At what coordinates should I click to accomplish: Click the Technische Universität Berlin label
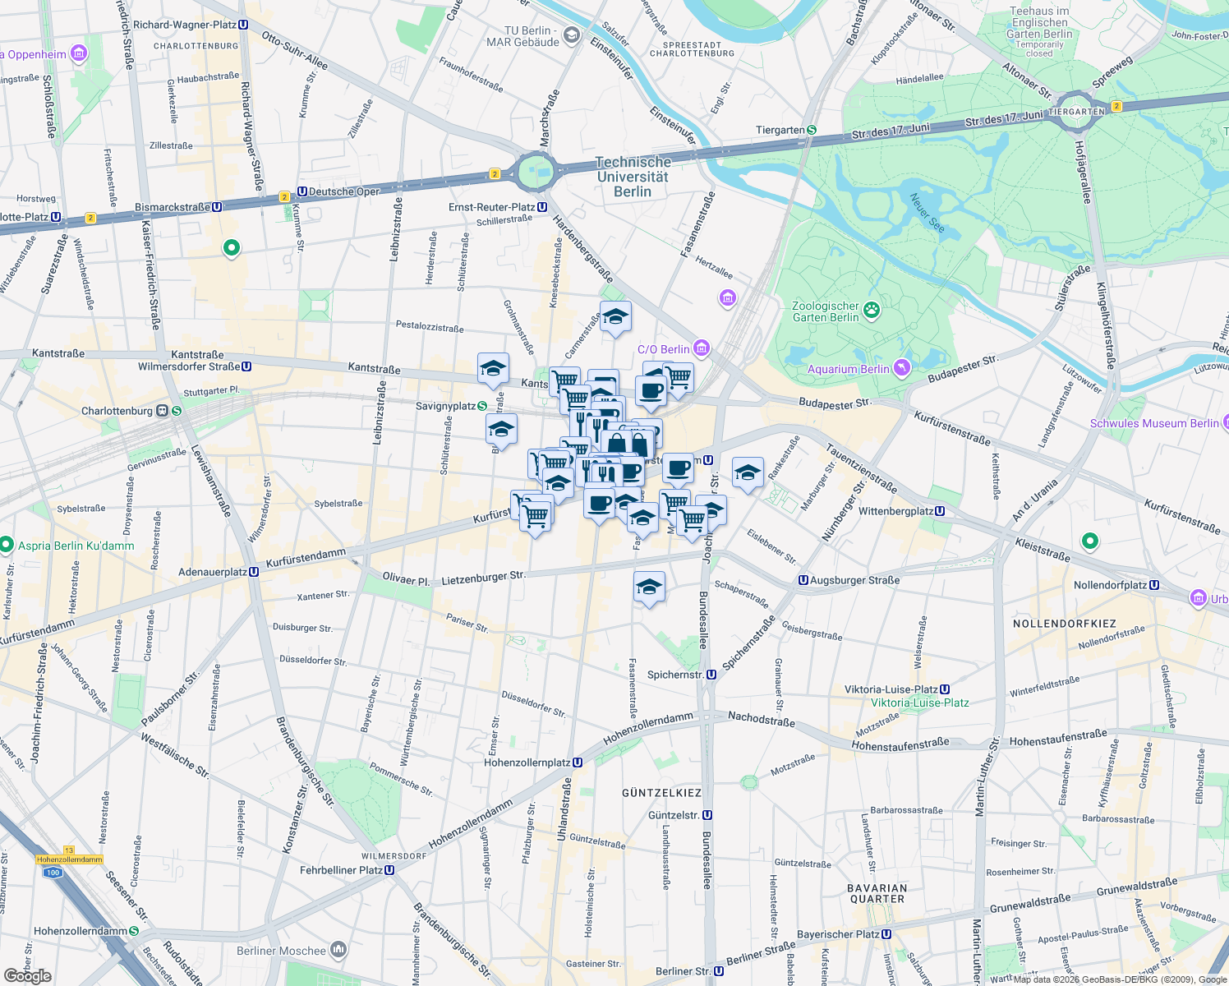point(633,177)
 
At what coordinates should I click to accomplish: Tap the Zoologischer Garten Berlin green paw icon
point(872,310)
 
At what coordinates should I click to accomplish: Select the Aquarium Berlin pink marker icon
point(902,368)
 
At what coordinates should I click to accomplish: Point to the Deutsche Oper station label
point(343,191)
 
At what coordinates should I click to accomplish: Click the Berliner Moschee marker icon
point(338,950)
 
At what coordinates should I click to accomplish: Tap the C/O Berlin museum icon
point(701,348)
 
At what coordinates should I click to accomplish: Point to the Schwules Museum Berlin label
point(1154,423)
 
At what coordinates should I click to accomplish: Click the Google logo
point(27,975)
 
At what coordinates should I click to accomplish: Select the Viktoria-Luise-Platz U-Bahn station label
point(897,689)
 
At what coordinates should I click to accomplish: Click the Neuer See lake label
point(926,212)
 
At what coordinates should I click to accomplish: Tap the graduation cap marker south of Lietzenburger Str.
point(649,587)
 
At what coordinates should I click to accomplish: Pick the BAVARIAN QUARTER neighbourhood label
point(877,893)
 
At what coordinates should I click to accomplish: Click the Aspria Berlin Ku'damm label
point(76,546)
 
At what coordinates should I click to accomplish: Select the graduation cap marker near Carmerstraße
point(615,317)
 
